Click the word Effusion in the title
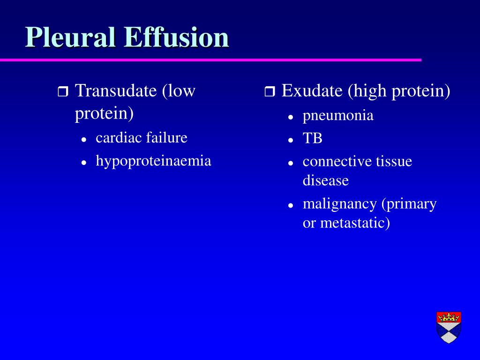(178, 37)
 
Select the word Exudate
(312, 90)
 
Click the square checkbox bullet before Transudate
(63, 91)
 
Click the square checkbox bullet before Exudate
(270, 91)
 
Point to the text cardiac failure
(141, 137)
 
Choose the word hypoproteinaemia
(153, 161)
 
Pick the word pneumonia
(338, 115)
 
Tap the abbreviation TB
(312, 139)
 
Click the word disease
(325, 180)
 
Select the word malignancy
(339, 204)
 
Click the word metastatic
(355, 223)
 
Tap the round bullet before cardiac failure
(84, 139)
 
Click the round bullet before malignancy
(291, 205)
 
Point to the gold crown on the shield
(449, 317)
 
